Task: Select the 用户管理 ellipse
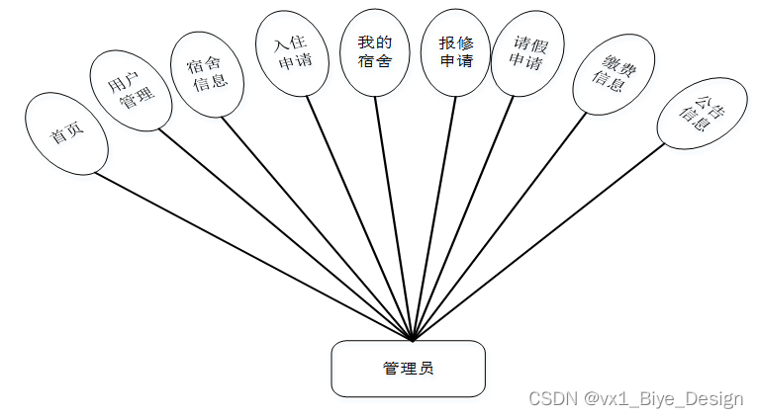click(128, 91)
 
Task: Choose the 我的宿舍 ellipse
click(374, 51)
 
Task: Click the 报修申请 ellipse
click(455, 52)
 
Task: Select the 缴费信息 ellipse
click(614, 74)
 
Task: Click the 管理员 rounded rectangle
click(408, 369)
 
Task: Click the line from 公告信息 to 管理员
click(538, 241)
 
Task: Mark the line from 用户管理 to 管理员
click(287, 237)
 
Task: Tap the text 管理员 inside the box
click(408, 369)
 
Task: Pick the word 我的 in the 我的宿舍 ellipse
click(374, 42)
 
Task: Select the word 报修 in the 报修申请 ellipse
click(455, 42)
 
